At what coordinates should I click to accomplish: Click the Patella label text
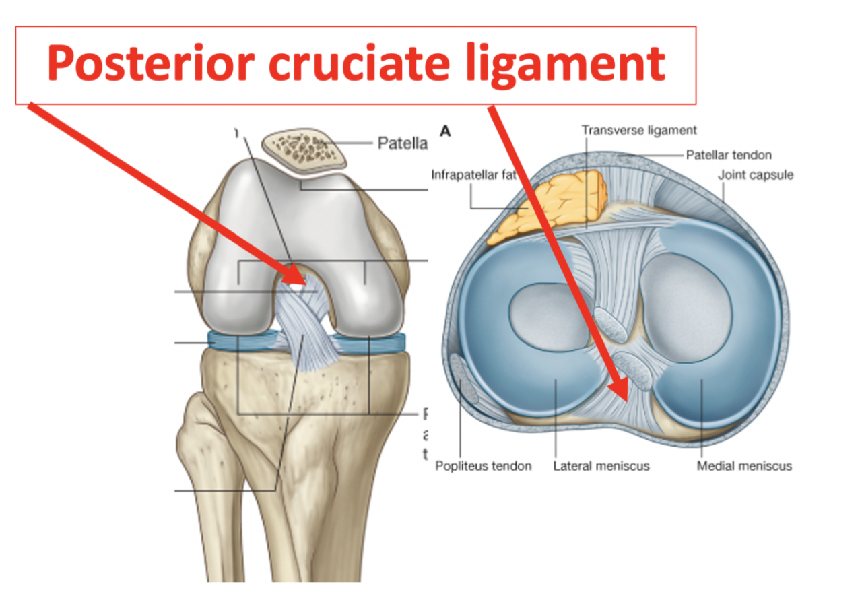(x=402, y=143)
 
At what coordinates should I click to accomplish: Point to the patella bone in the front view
(x=304, y=150)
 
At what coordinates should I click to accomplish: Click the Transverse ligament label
(x=639, y=130)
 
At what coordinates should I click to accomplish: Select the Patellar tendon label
(x=729, y=155)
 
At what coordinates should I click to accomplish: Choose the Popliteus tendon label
(x=483, y=466)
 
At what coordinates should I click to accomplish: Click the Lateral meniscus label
(x=601, y=466)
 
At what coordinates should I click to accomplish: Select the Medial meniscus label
(x=744, y=466)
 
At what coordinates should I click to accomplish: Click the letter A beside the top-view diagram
(x=444, y=131)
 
